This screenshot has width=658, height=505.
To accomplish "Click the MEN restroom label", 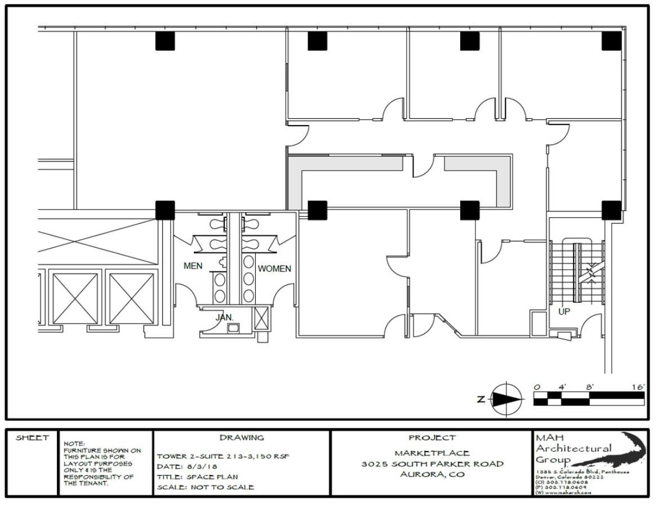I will point(193,266).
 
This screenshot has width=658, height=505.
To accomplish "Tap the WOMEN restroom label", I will point(274,269).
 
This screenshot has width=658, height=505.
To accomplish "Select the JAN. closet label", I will point(224,318).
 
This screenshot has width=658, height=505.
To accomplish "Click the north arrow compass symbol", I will point(505,399).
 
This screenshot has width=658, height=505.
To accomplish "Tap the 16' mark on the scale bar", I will point(638,387).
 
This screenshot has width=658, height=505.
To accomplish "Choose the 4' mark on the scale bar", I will point(561,387).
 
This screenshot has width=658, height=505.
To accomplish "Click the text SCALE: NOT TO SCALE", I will point(205,487).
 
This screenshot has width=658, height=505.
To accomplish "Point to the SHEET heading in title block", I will point(32,438).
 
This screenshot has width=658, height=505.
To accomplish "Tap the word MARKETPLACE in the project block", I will point(432,453).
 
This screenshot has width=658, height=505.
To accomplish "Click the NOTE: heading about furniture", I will point(74,444).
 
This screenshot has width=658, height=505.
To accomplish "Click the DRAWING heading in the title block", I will point(241,437).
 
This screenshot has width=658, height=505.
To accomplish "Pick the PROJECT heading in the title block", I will point(432,437).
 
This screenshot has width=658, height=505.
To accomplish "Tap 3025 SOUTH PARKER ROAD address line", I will point(432,464).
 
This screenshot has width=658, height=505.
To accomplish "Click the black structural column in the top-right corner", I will point(611,41).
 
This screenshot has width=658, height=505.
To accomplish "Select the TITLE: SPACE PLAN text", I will point(197,477).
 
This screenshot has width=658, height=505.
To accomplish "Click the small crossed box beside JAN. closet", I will point(261,319).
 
